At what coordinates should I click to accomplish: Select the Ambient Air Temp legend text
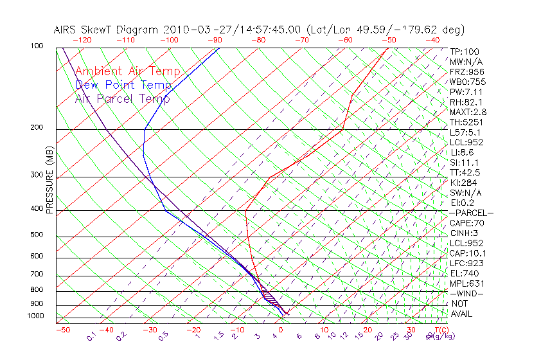tap(127, 71)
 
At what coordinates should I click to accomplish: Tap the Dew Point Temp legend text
tap(123, 85)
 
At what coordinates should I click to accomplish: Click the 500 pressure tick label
tap(37, 235)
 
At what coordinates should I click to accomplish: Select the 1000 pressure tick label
tap(35, 316)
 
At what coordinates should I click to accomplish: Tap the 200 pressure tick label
tap(37, 128)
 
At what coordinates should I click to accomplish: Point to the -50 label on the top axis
tap(389, 40)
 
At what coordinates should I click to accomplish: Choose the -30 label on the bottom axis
tap(149, 330)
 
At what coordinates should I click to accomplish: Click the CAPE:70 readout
tap(466, 223)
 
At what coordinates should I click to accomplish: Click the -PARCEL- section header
tap(471, 213)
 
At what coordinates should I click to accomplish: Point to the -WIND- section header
tap(466, 293)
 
